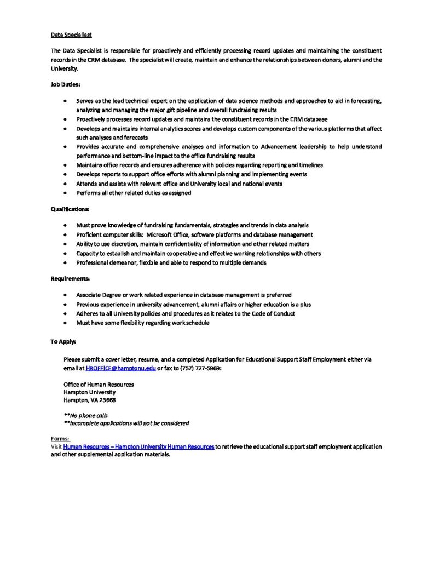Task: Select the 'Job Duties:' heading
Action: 65,85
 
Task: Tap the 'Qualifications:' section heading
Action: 71,209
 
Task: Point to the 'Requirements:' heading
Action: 70,279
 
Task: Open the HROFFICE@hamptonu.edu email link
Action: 121,369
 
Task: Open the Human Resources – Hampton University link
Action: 138,447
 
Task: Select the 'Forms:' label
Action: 60,439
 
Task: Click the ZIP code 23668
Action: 107,400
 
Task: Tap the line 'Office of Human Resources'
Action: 99,385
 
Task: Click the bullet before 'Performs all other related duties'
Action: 66,193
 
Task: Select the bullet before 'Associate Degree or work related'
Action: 66,295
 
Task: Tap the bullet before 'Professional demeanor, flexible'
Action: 66,263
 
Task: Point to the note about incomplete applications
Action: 126,423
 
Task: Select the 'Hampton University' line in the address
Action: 89,392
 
